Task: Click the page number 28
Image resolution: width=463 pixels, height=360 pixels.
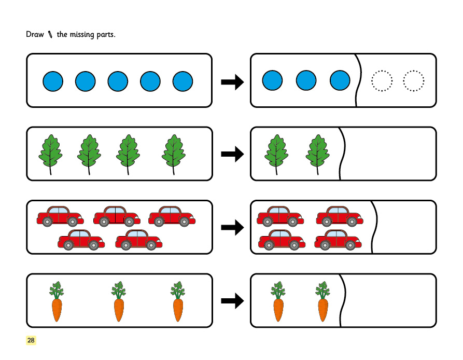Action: [x=31, y=340]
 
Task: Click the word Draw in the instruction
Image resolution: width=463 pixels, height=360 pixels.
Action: [x=34, y=35]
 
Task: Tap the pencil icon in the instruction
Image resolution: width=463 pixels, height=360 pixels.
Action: [x=50, y=35]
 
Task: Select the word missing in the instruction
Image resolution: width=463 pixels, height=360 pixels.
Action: [x=88, y=35]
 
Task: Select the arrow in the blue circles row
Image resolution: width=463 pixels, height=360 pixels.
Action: [x=232, y=81]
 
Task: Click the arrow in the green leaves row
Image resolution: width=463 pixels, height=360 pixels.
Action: [x=232, y=154]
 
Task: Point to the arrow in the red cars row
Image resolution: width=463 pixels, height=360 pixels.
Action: [x=232, y=227]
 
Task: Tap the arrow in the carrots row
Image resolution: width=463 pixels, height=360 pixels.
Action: [x=232, y=300]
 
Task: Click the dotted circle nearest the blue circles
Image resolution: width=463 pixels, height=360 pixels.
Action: [x=382, y=81]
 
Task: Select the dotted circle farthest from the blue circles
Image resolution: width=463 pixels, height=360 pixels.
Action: [x=414, y=81]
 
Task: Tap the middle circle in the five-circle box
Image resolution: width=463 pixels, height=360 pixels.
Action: [x=118, y=81]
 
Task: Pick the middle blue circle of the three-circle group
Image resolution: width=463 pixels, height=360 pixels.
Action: [x=306, y=81]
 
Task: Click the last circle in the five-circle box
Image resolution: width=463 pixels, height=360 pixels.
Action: [x=183, y=81]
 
